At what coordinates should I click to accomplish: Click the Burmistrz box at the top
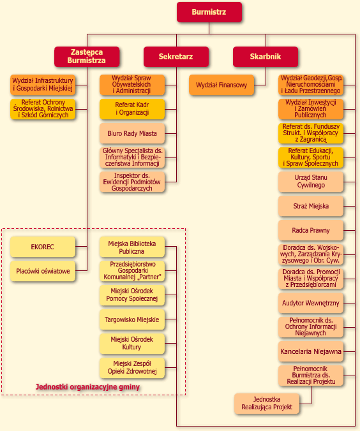pos(209,12)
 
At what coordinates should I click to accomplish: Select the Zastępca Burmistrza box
pos(87,57)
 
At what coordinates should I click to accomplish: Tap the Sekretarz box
pos(176,57)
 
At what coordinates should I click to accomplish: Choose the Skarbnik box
pos(266,57)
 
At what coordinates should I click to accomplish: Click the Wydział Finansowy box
pos(221,85)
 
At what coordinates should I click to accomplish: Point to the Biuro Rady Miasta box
pos(132,133)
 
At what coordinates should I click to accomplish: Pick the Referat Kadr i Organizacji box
pos(132,109)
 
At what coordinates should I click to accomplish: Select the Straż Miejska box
pos(311,206)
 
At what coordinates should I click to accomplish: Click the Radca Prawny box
pos(311,230)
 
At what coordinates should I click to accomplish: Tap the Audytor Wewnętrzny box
pos(311,303)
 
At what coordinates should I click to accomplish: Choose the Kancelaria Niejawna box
pos(311,351)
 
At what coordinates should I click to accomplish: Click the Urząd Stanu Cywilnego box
pos(311,182)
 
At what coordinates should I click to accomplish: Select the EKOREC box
pos(43,247)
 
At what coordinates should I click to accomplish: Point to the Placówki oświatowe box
pos(43,271)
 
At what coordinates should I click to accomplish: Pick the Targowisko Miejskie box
pos(132,319)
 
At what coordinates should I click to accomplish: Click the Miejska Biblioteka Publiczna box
pos(132,247)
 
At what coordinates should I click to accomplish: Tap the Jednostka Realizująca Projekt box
pos(267,404)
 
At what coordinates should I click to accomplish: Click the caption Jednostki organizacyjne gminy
pos(87,387)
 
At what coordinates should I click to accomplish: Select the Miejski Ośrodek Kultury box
pos(132,344)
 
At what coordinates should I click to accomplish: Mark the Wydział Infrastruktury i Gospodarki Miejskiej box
pos(43,85)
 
